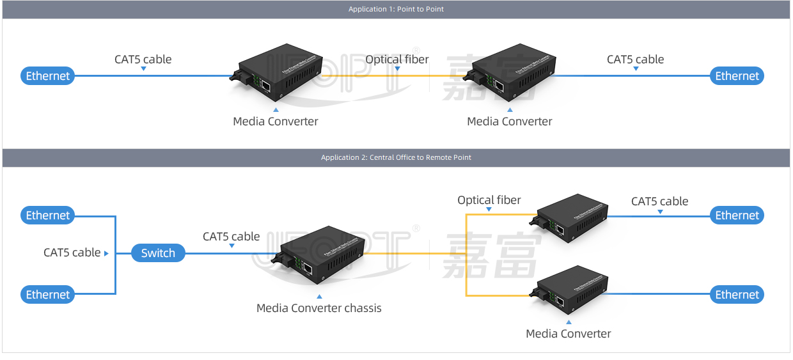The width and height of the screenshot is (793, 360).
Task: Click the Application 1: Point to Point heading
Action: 396,9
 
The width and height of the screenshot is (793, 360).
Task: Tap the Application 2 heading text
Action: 396,157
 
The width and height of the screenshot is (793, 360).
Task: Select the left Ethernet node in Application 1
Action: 48,76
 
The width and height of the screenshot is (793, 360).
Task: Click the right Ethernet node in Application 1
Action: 737,76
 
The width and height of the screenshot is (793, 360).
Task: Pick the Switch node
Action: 158,253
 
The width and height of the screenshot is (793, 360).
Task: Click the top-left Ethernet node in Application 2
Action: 48,215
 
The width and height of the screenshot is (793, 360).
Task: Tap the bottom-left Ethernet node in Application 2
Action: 48,295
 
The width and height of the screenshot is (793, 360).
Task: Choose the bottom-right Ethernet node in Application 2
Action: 737,295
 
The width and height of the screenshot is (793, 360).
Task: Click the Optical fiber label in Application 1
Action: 397,59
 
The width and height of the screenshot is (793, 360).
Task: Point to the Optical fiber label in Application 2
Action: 489,200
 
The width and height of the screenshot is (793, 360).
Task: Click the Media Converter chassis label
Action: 319,308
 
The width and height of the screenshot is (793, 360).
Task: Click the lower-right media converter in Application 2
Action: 572,292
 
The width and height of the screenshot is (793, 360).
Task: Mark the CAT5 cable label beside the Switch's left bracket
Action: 72,253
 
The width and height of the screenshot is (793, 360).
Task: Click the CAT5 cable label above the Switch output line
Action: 232,237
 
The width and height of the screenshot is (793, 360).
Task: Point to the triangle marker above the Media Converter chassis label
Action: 319,297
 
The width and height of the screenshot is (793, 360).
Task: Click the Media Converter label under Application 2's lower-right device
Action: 569,334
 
